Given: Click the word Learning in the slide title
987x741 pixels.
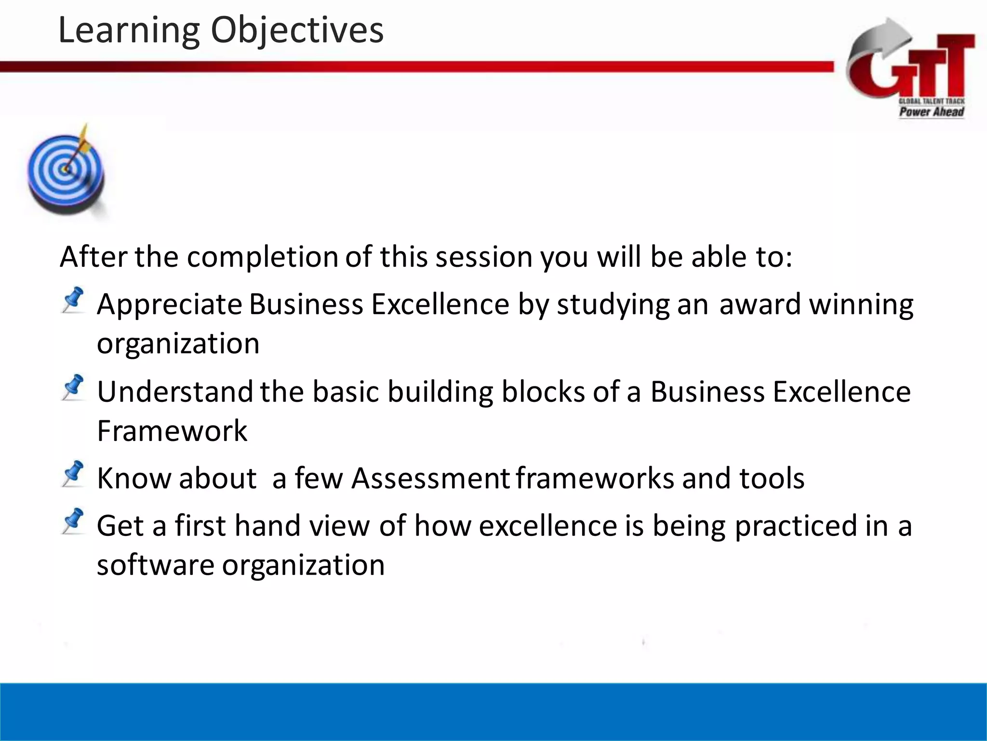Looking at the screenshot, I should point(128,30).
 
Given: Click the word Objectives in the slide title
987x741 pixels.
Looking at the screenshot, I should point(297,30).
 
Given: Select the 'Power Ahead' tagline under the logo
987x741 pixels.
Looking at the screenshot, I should point(931,112).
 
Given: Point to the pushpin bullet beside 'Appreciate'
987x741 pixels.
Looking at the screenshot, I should point(73,300).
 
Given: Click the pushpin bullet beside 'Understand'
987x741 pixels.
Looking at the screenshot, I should point(73,387).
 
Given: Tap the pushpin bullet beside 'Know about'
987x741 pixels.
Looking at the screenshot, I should point(73,473).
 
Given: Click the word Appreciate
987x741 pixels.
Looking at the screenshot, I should point(169,305).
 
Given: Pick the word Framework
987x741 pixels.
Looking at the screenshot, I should point(172,431).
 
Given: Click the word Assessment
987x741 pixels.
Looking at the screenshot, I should point(430,479).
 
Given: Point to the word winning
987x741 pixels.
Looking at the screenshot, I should point(861,305).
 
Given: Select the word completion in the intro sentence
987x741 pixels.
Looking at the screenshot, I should point(263,257).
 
